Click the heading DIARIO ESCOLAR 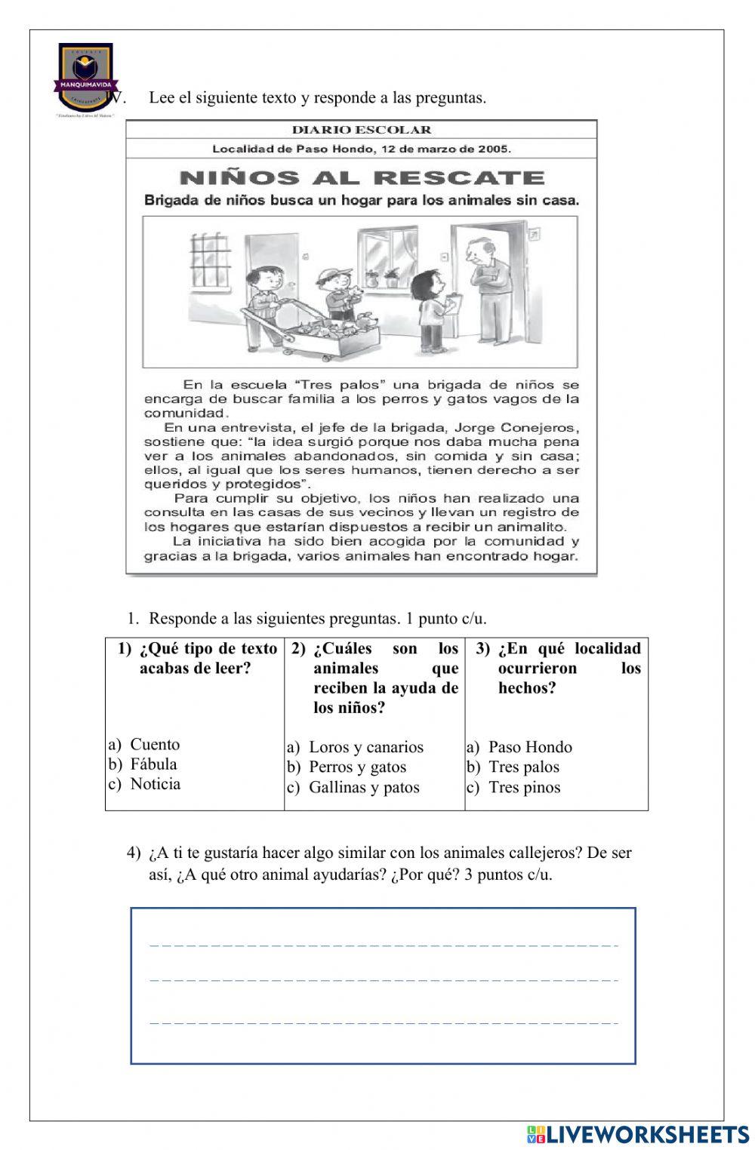pyautogui.click(x=362, y=130)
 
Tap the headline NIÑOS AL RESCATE pyautogui.click(x=362, y=178)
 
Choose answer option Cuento pyautogui.click(x=154, y=745)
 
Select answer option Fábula pyautogui.click(x=153, y=764)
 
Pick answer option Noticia pyautogui.click(x=155, y=784)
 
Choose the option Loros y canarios pyautogui.click(x=365, y=747)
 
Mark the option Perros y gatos pyautogui.click(x=357, y=767)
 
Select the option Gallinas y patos pyautogui.click(x=363, y=787)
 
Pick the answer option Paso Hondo pyautogui.click(x=530, y=747)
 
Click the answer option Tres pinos pyautogui.click(x=524, y=787)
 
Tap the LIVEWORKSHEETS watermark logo pyautogui.click(x=638, y=1134)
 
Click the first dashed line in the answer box pyautogui.click(x=384, y=945)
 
